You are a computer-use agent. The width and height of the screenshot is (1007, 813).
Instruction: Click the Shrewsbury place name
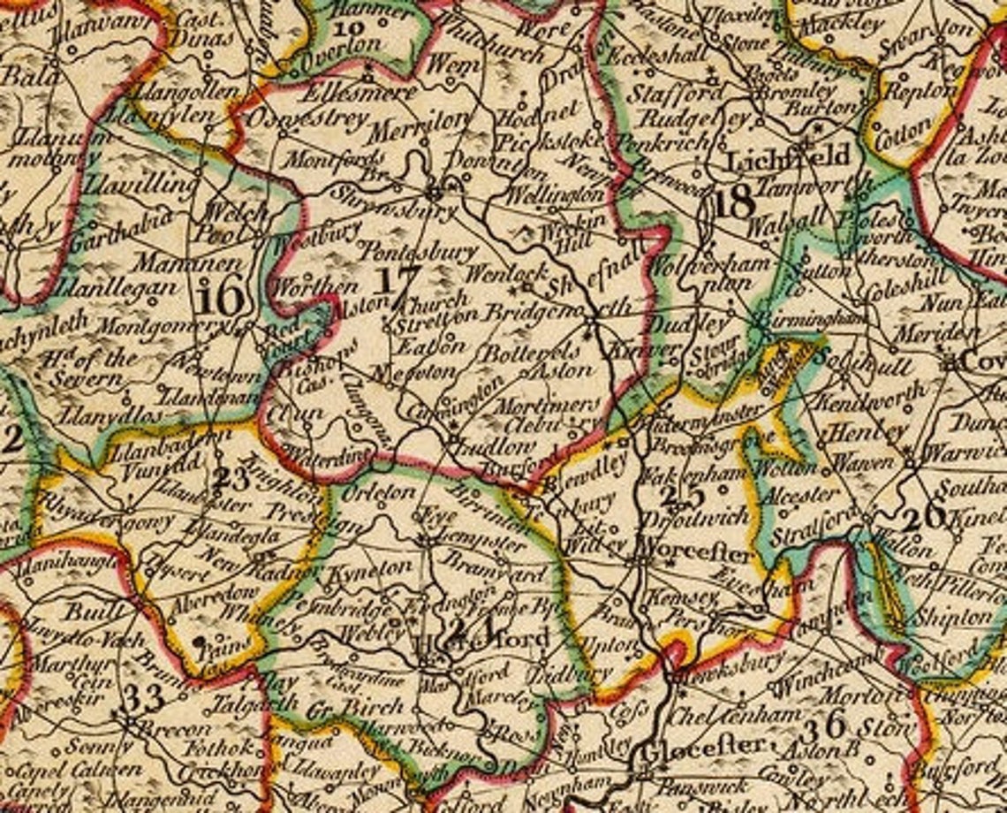(393, 204)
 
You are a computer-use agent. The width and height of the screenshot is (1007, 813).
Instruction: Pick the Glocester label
(701, 748)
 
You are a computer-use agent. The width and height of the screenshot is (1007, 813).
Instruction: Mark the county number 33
(144, 698)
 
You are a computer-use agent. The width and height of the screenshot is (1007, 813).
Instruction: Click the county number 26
(924, 514)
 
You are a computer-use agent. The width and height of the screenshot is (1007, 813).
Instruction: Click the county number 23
(231, 480)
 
